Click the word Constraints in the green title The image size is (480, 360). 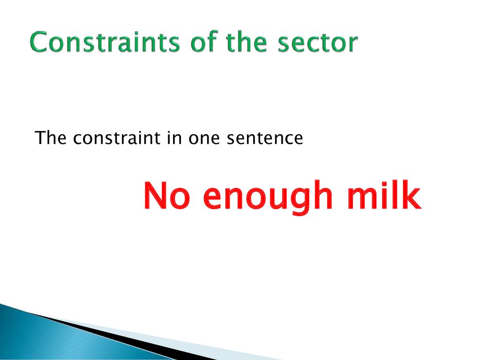tap(105, 42)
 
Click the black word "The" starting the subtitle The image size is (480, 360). tap(51, 137)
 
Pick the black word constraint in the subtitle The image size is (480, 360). tap(117, 138)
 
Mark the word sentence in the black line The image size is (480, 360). tap(265, 138)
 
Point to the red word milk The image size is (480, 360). tap(384, 195)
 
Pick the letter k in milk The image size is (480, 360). tap(411, 195)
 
